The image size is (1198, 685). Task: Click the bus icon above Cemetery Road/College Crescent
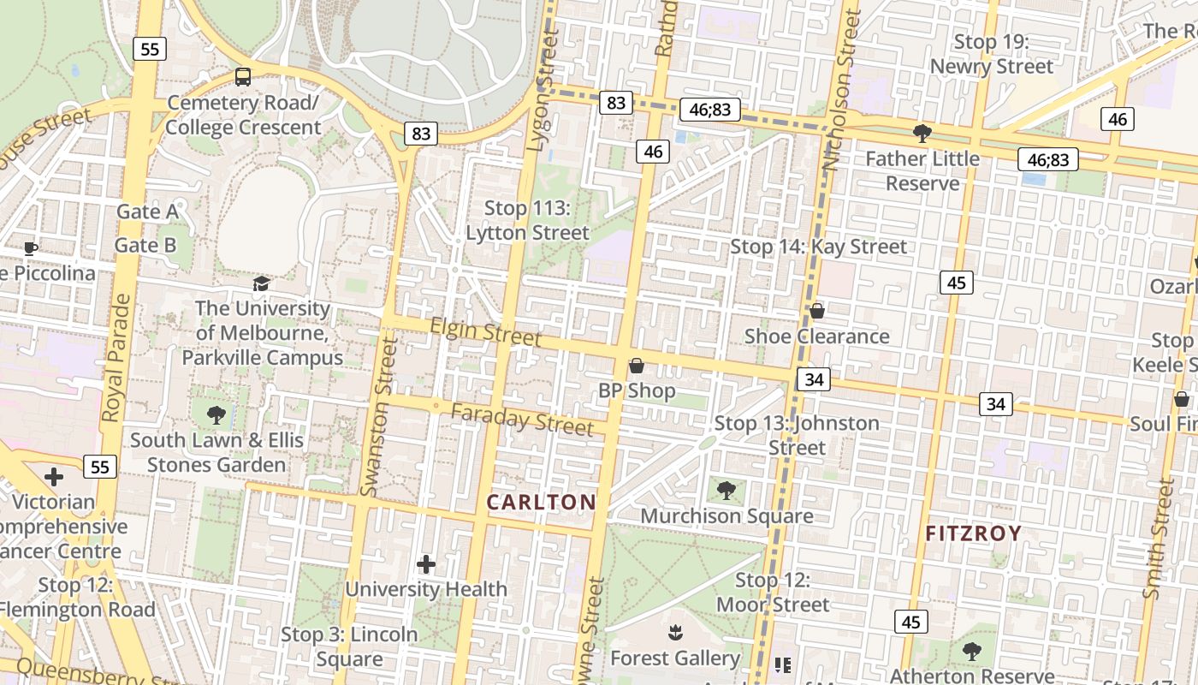[x=243, y=77]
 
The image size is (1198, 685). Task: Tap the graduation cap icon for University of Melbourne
[x=261, y=283]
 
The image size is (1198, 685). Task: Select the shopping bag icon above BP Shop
[x=636, y=366]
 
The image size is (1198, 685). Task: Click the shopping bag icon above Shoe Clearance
[x=816, y=311]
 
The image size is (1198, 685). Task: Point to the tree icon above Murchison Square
[x=727, y=491]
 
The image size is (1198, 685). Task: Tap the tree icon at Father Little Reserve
[x=922, y=133]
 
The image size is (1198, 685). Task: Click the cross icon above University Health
[x=425, y=564]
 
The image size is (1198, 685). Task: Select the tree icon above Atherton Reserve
[x=971, y=652]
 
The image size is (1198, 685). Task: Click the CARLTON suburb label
[x=541, y=502]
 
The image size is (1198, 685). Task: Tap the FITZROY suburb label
[x=974, y=533]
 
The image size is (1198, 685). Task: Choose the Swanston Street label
[x=380, y=416]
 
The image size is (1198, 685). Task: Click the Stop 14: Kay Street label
[x=818, y=247]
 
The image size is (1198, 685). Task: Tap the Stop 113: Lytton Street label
[x=527, y=220]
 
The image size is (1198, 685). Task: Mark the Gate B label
[x=145, y=245]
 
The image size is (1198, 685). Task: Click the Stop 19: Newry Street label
[x=991, y=54]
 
